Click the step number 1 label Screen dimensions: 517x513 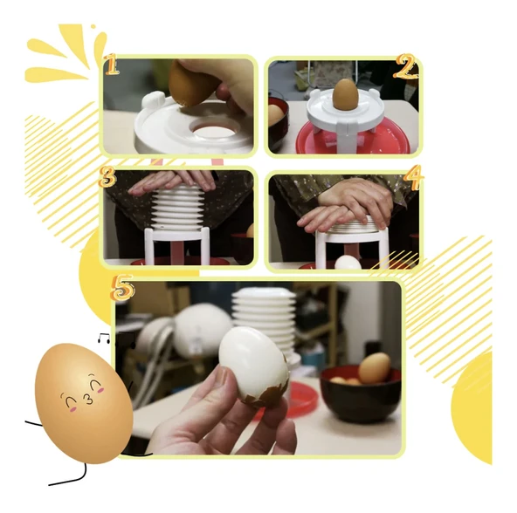(112, 64)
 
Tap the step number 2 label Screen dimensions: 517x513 (406, 67)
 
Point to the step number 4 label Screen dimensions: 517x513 (414, 178)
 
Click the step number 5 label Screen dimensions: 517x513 (122, 287)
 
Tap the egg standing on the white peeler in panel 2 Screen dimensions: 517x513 (345, 93)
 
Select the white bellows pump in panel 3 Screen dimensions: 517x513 (176, 207)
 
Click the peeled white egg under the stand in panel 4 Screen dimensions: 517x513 (348, 263)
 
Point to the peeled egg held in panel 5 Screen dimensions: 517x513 (254, 366)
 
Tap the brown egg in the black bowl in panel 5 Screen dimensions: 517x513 (375, 367)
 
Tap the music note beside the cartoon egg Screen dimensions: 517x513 (104, 338)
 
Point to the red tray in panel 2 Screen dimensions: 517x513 (352, 139)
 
